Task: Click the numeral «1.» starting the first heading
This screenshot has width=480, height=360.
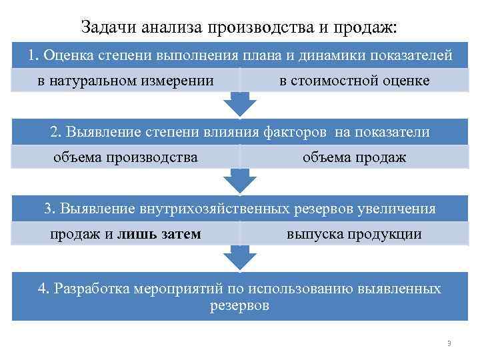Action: point(35,55)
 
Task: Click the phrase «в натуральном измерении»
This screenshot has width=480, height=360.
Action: point(125,81)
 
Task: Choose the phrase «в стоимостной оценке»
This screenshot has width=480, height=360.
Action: point(355,81)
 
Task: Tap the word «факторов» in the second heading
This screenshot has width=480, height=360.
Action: point(295,132)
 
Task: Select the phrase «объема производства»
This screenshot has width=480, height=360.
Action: point(125,157)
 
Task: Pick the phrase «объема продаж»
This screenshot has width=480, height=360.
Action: point(354,157)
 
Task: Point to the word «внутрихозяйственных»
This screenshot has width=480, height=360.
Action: point(215,209)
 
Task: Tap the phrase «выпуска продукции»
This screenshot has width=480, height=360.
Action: point(354,234)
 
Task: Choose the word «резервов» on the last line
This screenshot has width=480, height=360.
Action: point(240,306)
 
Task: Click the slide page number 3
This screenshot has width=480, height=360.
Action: point(449,343)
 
